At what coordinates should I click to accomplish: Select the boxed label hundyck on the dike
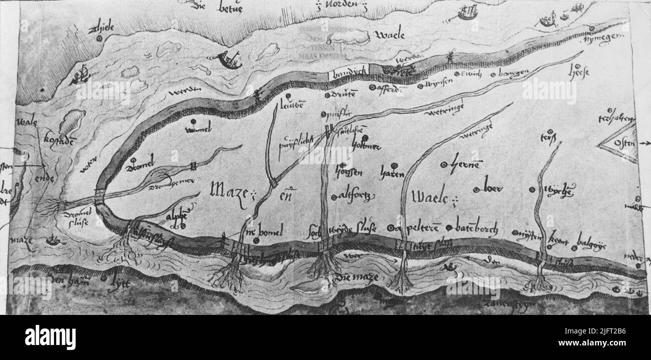click(349, 72)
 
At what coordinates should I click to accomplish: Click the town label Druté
click(344, 94)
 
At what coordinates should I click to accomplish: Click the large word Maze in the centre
click(229, 189)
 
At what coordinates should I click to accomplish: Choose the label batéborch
click(476, 228)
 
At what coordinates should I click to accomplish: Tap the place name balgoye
click(591, 238)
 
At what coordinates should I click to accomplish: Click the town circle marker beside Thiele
click(99, 38)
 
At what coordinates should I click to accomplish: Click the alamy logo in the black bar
click(50, 337)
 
